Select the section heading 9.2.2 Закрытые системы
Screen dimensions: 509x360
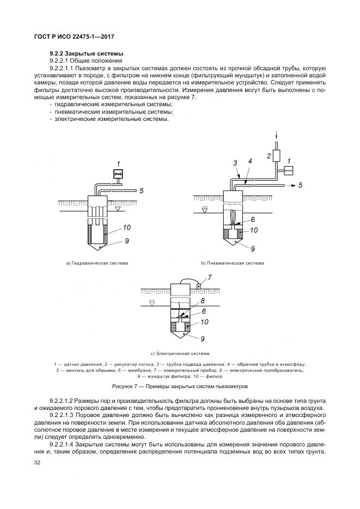[87, 53]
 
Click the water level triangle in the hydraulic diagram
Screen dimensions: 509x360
[118, 208]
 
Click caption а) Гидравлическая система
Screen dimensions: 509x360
[97, 263]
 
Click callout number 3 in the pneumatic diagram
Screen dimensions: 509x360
[235, 162]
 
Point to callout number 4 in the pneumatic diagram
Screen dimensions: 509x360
[249, 161]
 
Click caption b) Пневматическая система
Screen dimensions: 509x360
[233, 263]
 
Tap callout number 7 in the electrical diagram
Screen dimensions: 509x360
[210, 278]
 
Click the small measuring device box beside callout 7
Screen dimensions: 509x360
[199, 286]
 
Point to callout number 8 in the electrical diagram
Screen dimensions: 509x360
[202, 301]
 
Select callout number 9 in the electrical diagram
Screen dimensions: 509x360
[202, 338]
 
